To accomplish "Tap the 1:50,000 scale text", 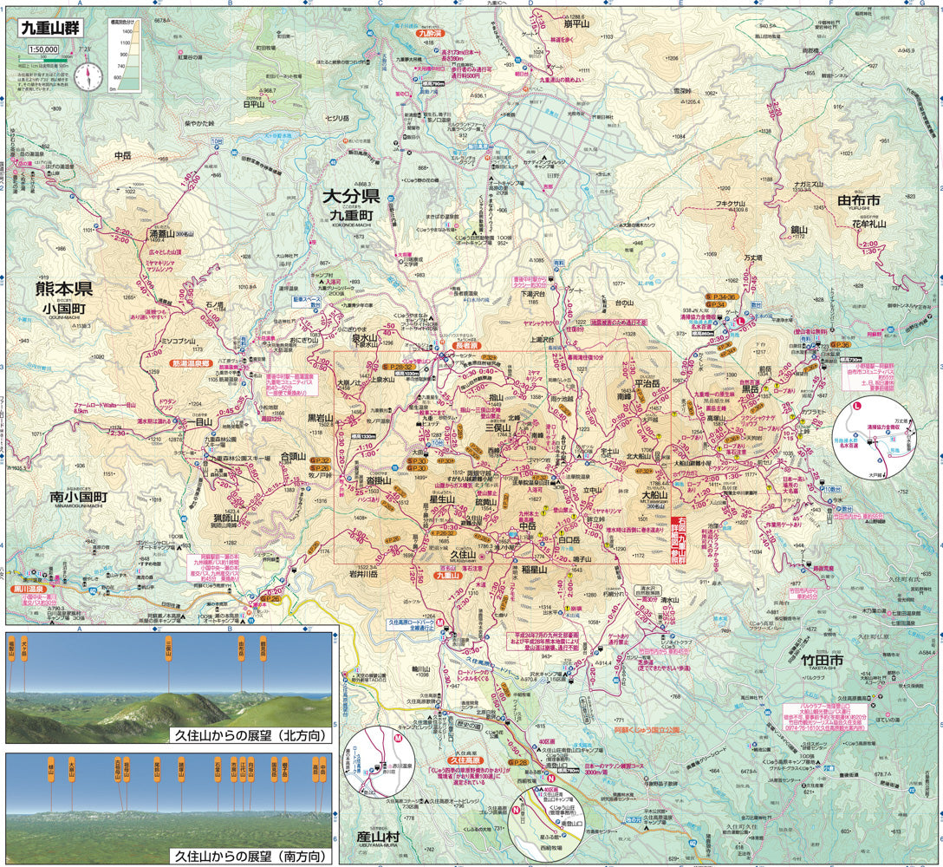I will point(42,49).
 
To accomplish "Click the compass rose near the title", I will point(88,76).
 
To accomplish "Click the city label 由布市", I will point(858,200).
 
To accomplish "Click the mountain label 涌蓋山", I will point(161,233).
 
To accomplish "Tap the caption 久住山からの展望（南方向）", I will point(251,856).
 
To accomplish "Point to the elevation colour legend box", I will point(125,54).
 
